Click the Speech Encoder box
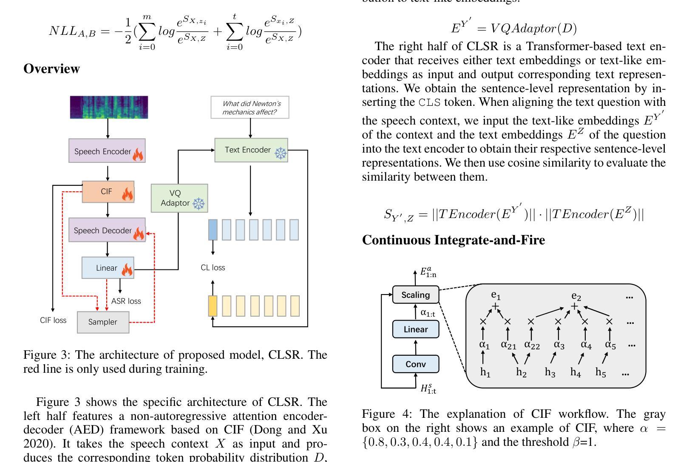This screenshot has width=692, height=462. click(x=107, y=151)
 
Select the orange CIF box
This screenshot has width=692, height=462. click(x=108, y=191)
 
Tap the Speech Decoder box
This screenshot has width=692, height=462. click(x=107, y=230)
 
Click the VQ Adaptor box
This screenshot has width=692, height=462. click(x=179, y=198)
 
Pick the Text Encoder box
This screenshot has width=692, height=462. click(x=251, y=150)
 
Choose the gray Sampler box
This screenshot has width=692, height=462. click(x=103, y=322)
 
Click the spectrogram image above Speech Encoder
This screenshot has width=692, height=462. click(x=109, y=107)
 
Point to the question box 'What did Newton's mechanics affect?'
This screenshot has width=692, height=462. click(x=250, y=108)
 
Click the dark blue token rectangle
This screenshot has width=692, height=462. click(x=213, y=230)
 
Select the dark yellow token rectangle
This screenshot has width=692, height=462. click(x=213, y=306)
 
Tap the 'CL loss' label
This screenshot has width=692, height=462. click(x=213, y=267)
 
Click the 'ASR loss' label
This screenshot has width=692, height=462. click(x=126, y=301)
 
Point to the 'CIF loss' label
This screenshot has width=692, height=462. click(x=53, y=320)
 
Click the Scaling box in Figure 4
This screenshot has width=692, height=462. click(x=416, y=295)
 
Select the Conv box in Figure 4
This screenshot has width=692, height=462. click(x=416, y=364)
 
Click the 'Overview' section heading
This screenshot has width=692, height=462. click(x=51, y=68)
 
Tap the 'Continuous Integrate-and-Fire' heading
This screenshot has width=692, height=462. click(x=454, y=240)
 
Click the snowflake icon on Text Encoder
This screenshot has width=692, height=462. click(x=281, y=153)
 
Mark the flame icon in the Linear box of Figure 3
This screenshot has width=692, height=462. click(x=127, y=269)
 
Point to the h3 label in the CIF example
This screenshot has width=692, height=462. click(x=550, y=372)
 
